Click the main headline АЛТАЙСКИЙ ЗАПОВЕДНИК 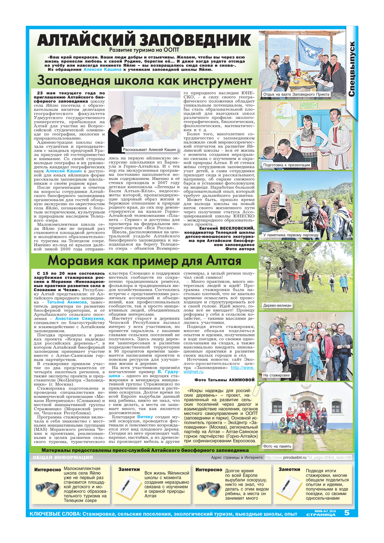pyautogui.click(x=144, y=40)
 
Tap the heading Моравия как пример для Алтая pyautogui.click(x=144, y=260)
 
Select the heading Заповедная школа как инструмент pyautogui.click(x=144, y=81)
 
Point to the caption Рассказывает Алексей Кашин pyautogui.click(x=149, y=150)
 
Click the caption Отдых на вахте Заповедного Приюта pyautogui.click(x=296, y=94)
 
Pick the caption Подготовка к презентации pyautogui.click(x=286, y=165)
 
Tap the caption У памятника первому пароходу pyautogui.click(x=291, y=235)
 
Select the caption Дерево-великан pyautogui.click(x=277, y=305)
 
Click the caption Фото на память pyautogui.click(x=277, y=446)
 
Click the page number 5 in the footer pyautogui.click(x=347, y=513)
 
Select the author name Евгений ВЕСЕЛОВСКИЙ pyautogui.click(x=227, y=229)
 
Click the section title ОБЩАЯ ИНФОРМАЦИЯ pyautogui.click(x=63, y=458)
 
